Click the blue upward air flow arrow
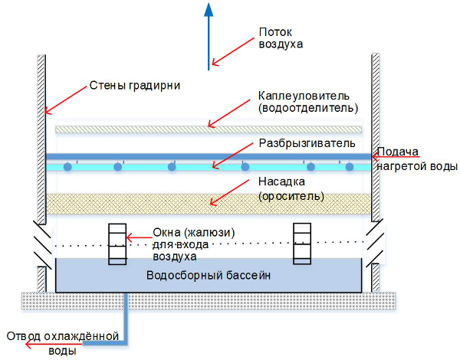209,37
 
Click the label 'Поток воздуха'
281,38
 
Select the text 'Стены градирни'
135,86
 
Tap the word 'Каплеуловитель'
304,96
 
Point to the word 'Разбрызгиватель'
307,143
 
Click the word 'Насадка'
281,182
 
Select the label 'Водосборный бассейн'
209,276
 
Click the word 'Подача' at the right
397,152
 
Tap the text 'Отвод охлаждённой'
63,336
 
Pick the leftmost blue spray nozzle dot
67,167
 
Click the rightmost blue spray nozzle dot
350,167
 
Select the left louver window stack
117,244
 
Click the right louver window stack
302,244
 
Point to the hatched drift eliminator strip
209,129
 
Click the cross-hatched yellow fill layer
209,204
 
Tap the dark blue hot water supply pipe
209,156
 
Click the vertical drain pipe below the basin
126,317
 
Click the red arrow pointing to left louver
139,237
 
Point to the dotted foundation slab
209,301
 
